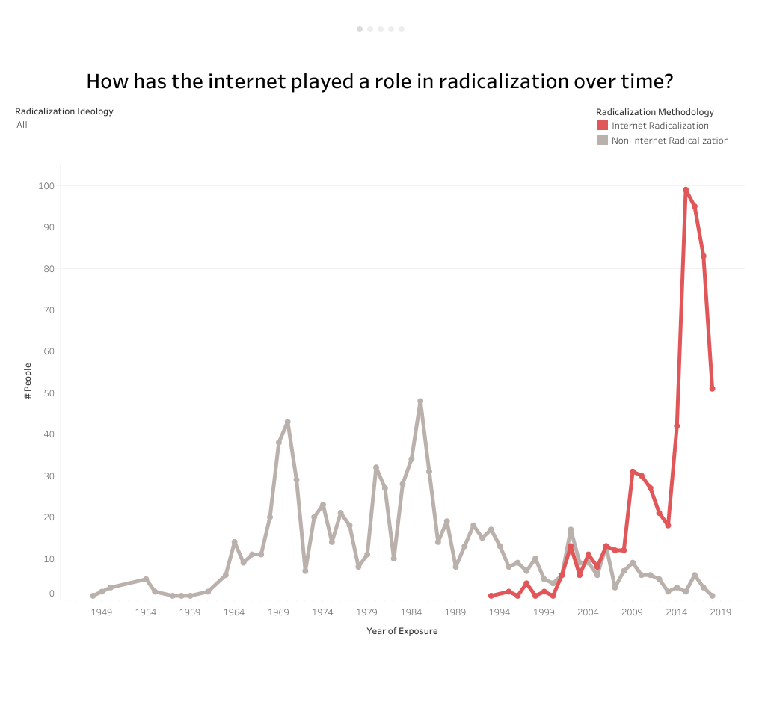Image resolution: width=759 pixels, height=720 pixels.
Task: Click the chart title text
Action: [380, 81]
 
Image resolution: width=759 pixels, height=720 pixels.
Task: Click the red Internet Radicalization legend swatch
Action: [603, 126]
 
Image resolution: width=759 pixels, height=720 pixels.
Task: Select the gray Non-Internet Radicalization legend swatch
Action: [603, 140]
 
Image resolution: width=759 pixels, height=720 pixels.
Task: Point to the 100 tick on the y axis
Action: [46, 185]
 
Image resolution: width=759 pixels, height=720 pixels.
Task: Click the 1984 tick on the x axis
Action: [411, 612]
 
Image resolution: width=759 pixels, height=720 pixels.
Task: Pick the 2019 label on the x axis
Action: [721, 612]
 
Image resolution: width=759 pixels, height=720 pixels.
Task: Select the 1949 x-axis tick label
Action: [102, 612]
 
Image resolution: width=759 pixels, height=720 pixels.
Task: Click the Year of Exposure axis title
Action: [402, 631]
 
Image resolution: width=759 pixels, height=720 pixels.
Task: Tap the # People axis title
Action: [28, 381]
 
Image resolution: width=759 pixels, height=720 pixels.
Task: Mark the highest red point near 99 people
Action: [685, 190]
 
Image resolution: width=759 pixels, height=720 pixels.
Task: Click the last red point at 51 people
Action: [713, 389]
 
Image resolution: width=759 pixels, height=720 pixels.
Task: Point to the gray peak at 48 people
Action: [420, 401]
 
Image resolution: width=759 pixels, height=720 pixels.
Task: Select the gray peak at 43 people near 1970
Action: [287, 422]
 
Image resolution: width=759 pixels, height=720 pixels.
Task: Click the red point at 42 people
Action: [677, 426]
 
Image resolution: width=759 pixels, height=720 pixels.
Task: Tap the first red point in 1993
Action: [491, 596]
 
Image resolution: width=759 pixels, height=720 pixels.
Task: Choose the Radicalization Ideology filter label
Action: [64, 111]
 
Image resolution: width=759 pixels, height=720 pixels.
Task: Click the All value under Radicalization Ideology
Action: [22, 125]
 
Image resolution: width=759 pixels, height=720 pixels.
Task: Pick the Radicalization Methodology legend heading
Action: [654, 112]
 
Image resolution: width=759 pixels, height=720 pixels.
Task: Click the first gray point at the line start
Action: [93, 596]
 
